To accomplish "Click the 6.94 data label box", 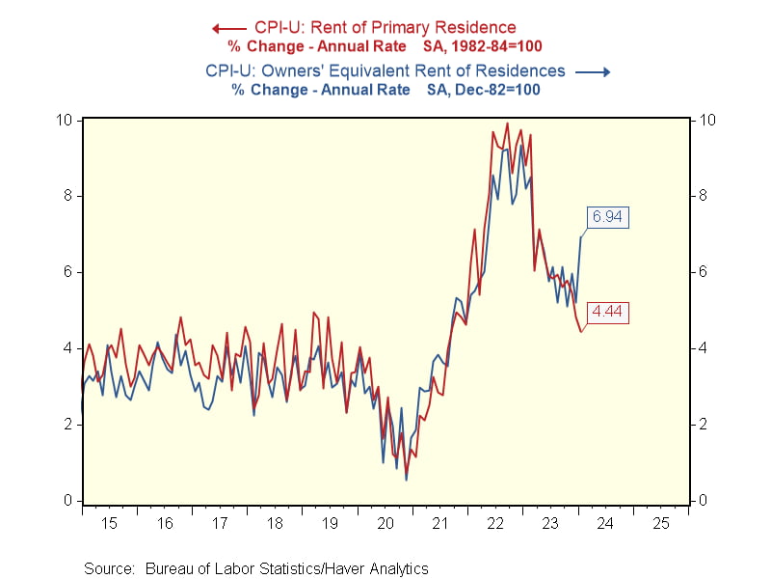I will (x=607, y=217).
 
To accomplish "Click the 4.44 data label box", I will (x=608, y=311).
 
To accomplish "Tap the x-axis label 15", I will (x=111, y=522).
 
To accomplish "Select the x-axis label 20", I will (x=386, y=522).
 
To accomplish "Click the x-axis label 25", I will (x=661, y=522).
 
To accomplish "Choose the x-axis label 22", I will (x=496, y=522).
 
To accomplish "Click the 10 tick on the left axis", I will (x=65, y=120).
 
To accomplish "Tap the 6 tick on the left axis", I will (x=68, y=272).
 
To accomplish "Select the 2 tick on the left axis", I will (x=68, y=424).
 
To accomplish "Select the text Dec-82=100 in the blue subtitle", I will (x=493, y=89).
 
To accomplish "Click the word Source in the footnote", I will (x=108, y=568).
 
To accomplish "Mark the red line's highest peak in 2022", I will (x=507, y=124).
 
